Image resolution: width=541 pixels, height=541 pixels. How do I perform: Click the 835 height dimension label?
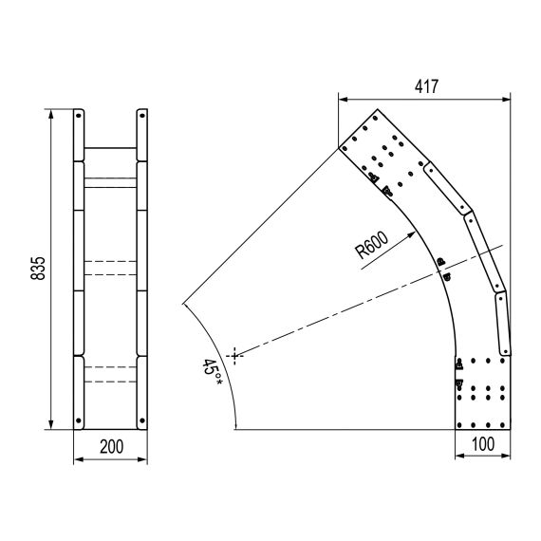[38, 268]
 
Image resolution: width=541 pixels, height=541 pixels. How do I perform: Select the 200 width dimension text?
[111, 446]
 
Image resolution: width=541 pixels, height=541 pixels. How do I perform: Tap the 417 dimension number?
[426, 86]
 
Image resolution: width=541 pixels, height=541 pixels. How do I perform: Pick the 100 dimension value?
[483, 444]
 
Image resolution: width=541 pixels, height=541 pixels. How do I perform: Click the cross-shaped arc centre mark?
[234, 356]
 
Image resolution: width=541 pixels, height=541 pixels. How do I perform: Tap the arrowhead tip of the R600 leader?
[416, 233]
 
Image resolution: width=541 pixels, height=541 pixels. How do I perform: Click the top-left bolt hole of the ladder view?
[79, 116]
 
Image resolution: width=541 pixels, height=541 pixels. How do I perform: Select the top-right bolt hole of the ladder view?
[142, 116]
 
